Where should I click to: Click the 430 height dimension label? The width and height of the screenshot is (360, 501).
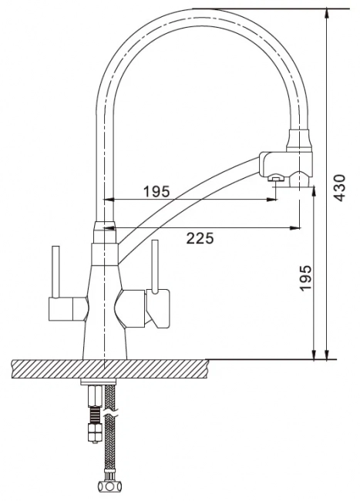(x=339, y=187)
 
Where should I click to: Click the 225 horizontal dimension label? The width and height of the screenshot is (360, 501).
(x=200, y=238)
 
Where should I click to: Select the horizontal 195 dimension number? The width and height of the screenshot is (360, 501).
(x=156, y=192)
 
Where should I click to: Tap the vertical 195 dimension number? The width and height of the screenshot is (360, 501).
(x=306, y=277)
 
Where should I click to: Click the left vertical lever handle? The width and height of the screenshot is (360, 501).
(x=56, y=272)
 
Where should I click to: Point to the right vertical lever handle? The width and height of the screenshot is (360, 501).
(x=155, y=267)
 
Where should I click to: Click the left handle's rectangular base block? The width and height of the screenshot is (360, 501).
(x=61, y=308)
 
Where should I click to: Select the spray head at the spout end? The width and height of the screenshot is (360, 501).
(x=286, y=168)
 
